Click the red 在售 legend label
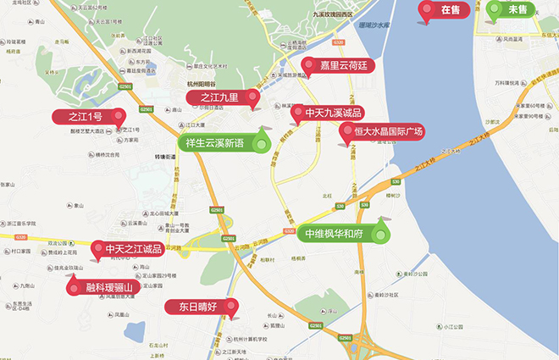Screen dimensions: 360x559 pyautogui.click(x=451, y=10)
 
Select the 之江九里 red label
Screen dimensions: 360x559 pyautogui.click(x=219, y=98)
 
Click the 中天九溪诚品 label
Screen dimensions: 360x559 pyautogui.click(x=334, y=113)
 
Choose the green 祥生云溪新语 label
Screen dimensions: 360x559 pyautogui.click(x=214, y=143)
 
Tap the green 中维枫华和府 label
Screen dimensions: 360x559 pyautogui.click(x=334, y=233)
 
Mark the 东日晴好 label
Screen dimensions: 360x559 pyautogui.click(x=198, y=307)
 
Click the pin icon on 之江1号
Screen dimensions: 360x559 pyautogui.click(x=119, y=117)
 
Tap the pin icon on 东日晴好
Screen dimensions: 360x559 pyautogui.click(x=231, y=308)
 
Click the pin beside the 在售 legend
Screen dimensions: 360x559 pyautogui.click(x=426, y=11)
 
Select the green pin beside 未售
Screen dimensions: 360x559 pyautogui.click(x=494, y=11)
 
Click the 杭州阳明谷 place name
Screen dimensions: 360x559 pyautogui.click(x=202, y=84)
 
